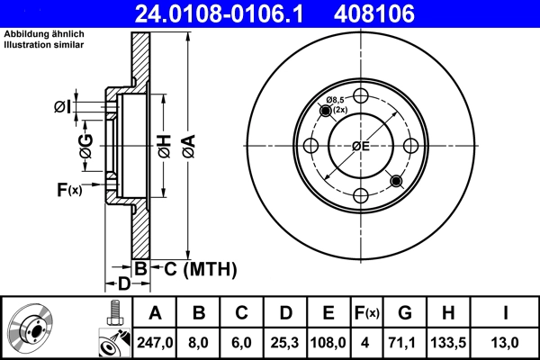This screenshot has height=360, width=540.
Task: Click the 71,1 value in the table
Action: [x=404, y=341]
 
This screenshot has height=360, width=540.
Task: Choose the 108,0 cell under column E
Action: [x=328, y=341]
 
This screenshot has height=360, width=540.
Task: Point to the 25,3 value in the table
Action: [x=285, y=341]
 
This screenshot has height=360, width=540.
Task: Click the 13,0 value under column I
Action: [x=510, y=341]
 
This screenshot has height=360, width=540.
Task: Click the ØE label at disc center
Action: [x=361, y=146]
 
